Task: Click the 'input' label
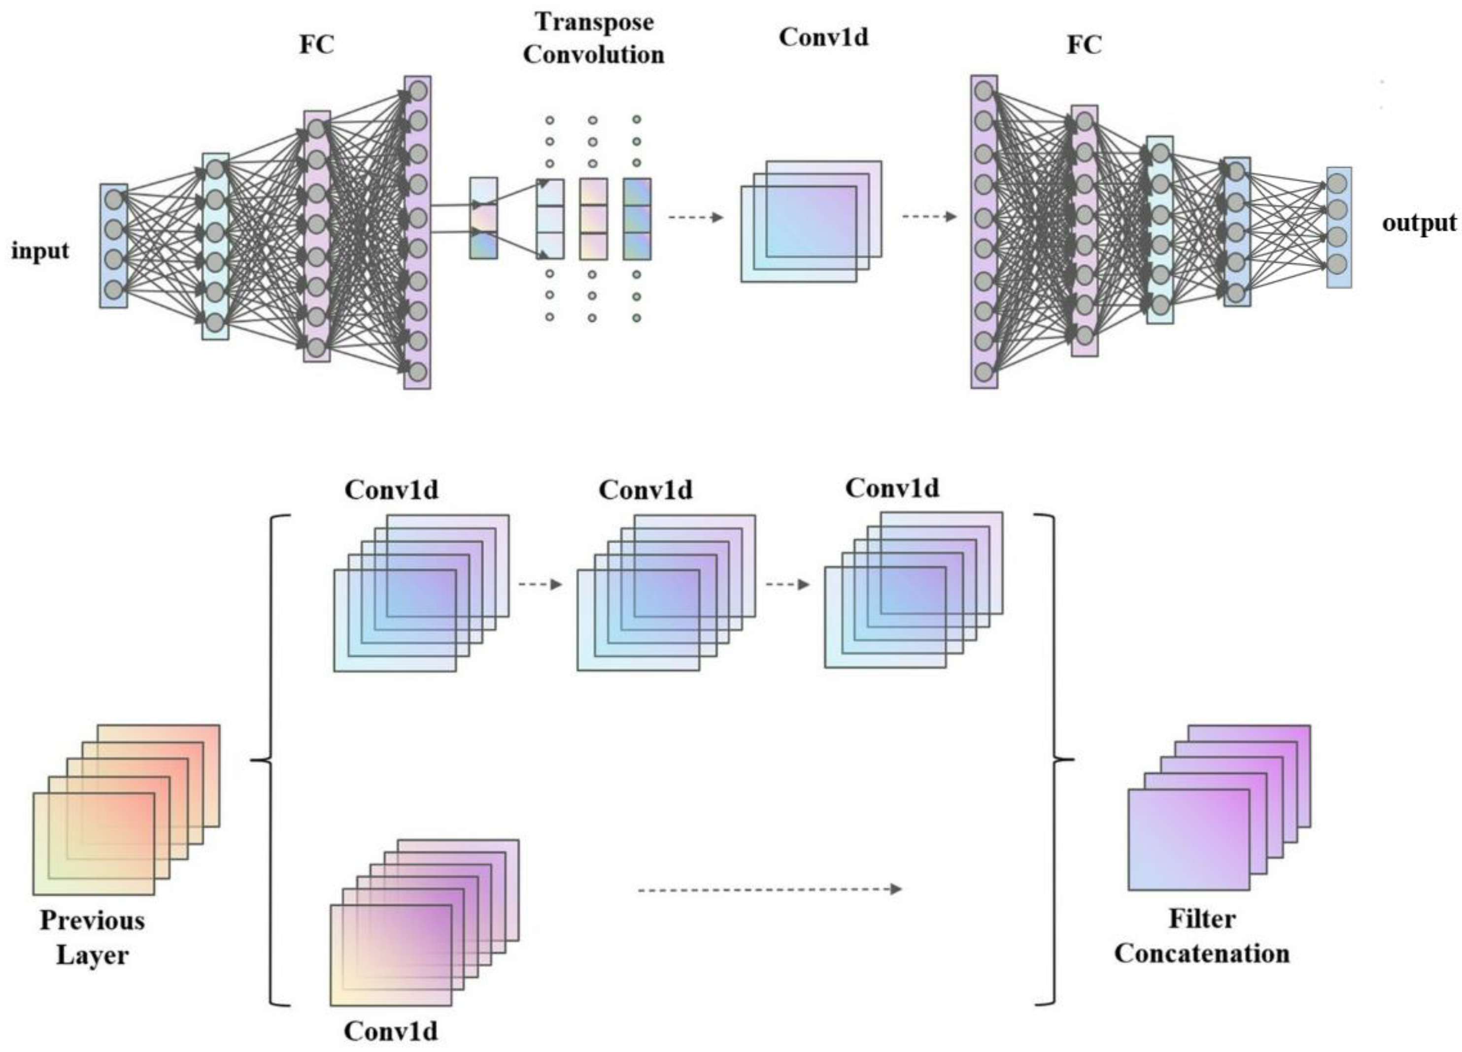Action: pyautogui.click(x=40, y=251)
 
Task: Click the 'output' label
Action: pyautogui.click(x=1419, y=223)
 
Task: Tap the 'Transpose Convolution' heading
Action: pyautogui.click(x=593, y=38)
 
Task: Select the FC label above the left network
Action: pyautogui.click(x=316, y=44)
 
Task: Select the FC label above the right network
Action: pyautogui.click(x=1084, y=44)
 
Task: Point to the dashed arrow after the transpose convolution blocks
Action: pyautogui.click(x=695, y=218)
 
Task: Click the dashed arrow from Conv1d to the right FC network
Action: pyautogui.click(x=928, y=216)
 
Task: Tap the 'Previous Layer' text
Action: pyautogui.click(x=92, y=937)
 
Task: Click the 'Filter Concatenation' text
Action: pyautogui.click(x=1201, y=936)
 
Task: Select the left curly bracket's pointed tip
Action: pyautogui.click(x=253, y=760)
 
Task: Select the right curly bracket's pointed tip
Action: pyautogui.click(x=1071, y=759)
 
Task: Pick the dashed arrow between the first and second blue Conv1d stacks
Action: pyautogui.click(x=540, y=584)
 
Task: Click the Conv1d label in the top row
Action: pyautogui.click(x=823, y=37)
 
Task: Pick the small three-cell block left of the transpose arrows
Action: pyautogui.click(x=483, y=218)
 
